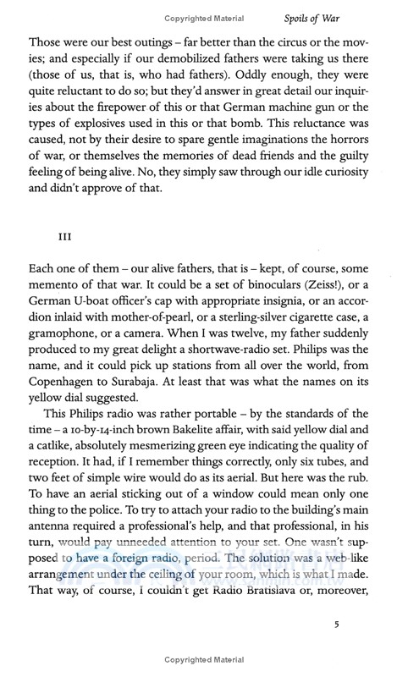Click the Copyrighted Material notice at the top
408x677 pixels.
coord(203,16)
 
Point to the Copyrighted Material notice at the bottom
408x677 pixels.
coord(203,667)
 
